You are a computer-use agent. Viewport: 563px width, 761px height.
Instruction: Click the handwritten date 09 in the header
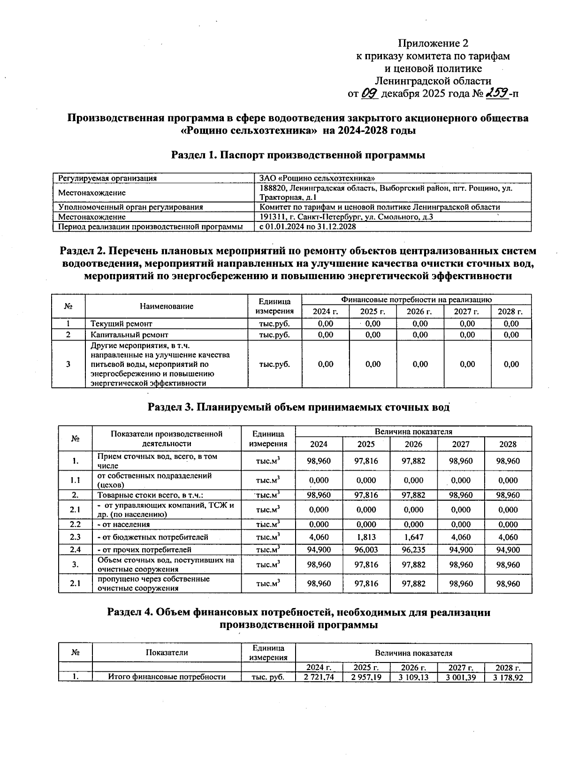[x=370, y=93]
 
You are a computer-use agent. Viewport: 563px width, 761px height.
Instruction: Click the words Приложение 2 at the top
[x=433, y=44]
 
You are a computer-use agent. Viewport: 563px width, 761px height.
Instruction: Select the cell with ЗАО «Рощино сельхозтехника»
[x=317, y=178]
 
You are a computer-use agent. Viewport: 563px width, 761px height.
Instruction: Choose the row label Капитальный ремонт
[x=122, y=335]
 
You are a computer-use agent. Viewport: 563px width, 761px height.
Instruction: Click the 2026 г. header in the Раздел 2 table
[x=420, y=312]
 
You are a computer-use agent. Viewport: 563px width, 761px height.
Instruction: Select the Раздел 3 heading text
[x=298, y=407]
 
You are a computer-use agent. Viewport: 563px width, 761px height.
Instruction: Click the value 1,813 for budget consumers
[x=366, y=537]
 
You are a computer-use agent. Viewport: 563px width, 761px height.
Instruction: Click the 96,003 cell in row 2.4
[x=366, y=549]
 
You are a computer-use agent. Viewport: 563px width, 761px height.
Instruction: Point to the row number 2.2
[x=75, y=525]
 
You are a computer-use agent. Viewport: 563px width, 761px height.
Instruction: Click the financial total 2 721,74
[x=319, y=677]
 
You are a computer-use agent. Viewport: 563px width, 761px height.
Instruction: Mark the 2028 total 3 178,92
[x=508, y=677]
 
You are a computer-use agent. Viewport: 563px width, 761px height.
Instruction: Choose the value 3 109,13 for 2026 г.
[x=413, y=677]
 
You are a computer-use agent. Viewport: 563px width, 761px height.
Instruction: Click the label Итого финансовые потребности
[x=167, y=677]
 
